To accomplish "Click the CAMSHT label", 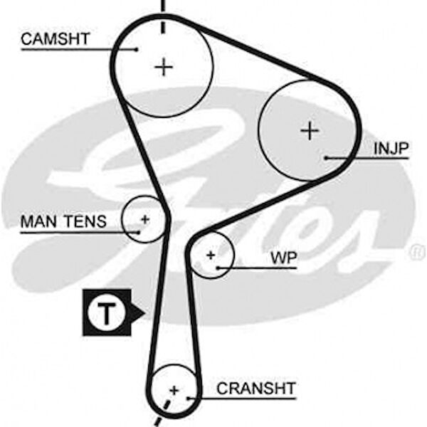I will [x=56, y=39].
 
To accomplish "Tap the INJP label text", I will [x=391, y=148].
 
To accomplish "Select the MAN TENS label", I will [x=63, y=222].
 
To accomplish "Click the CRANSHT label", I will [x=256, y=389].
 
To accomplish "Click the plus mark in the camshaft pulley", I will [x=164, y=67].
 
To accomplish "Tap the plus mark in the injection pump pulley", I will [x=310, y=131].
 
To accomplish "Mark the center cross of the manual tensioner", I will [x=144, y=219].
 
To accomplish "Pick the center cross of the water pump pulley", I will [x=211, y=255].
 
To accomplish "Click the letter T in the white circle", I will [x=105, y=312].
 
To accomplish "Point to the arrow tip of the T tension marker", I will [x=144, y=312].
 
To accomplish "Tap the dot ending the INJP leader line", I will [x=326, y=157].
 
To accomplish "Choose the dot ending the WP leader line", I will [x=218, y=268].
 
